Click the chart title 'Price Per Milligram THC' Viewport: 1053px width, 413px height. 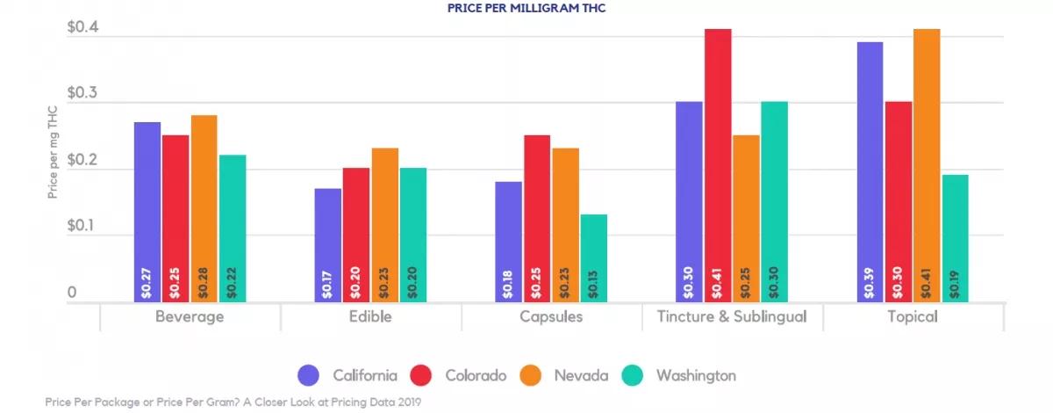[526, 9]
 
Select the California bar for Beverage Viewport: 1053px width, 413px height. [147, 211]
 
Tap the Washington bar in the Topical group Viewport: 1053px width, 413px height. [955, 237]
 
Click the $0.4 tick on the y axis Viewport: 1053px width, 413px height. [83, 28]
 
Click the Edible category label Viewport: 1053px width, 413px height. [369, 317]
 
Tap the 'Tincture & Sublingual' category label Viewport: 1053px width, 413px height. [732, 317]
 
